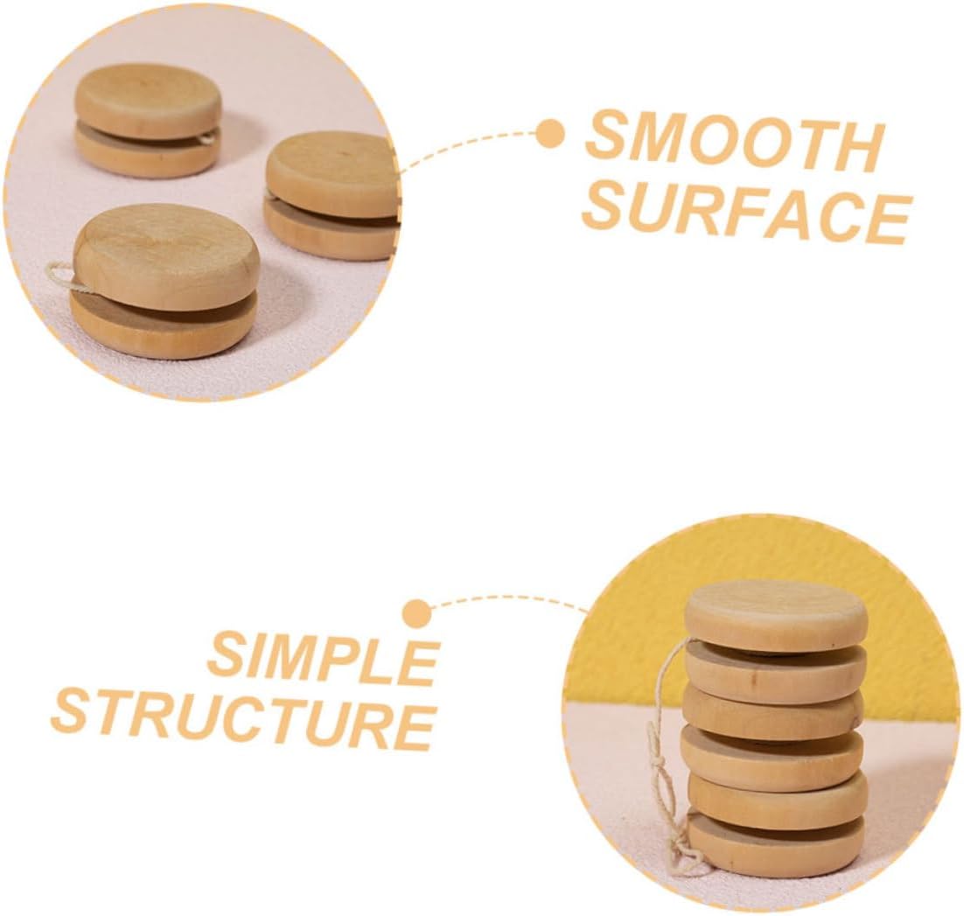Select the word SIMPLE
pyautogui.click(x=323, y=659)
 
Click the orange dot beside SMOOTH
pyautogui.click(x=549, y=134)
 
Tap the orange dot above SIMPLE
pyautogui.click(x=417, y=612)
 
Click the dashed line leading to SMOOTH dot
pyautogui.click(x=472, y=140)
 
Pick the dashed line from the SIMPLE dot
pyautogui.click(x=507, y=600)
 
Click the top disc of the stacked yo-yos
pyautogui.click(x=775, y=613)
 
